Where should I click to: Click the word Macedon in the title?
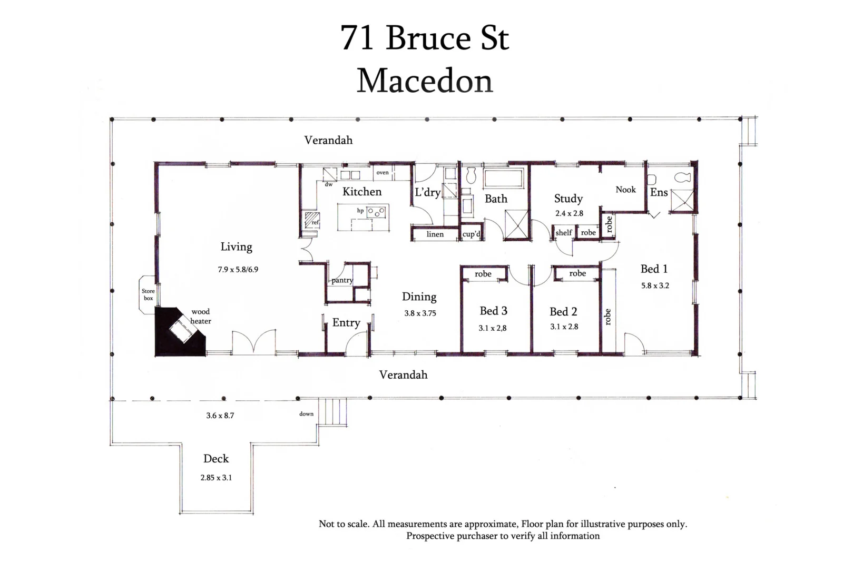425,81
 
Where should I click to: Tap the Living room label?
236,247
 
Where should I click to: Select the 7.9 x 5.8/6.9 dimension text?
238,269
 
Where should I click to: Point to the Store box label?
148,294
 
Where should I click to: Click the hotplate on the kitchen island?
376,212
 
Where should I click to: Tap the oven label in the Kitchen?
383,172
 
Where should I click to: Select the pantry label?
342,280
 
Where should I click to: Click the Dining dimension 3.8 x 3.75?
420,313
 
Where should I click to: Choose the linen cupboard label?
435,234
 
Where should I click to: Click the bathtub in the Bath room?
503,178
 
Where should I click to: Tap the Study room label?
568,199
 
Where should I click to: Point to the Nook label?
625,190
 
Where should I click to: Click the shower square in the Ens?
682,200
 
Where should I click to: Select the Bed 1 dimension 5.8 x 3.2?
655,285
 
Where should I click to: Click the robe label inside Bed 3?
483,274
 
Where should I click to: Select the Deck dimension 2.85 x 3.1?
216,478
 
